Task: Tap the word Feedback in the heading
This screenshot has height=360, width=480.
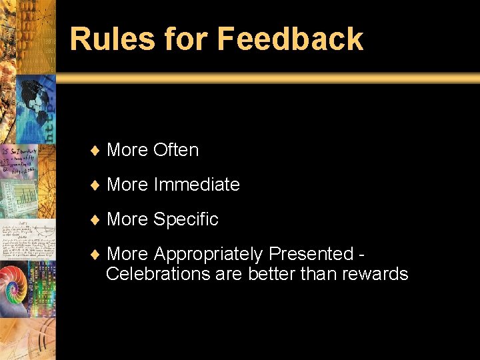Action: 290,39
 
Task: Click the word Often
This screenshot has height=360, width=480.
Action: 176,150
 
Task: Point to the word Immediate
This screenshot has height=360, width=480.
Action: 197,185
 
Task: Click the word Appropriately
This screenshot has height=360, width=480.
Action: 208,255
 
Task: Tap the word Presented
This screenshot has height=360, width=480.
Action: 310,254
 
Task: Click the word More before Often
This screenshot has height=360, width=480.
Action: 127,150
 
